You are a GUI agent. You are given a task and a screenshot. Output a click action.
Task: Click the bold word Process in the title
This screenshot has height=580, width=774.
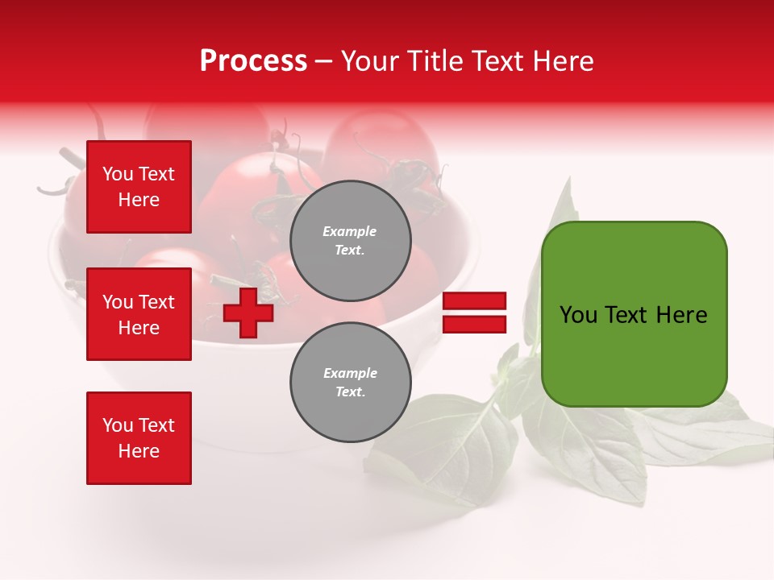(x=253, y=61)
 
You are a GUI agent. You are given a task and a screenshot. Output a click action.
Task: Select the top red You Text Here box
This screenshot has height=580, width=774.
(x=139, y=187)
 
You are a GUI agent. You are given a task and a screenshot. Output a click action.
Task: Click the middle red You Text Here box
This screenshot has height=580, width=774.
(x=139, y=314)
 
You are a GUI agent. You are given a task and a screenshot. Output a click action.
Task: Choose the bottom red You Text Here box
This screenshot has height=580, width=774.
(x=139, y=438)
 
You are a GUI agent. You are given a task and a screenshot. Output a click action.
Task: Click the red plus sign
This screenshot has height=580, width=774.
(x=248, y=313)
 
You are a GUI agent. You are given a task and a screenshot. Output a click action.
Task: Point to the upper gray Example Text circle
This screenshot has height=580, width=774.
(x=350, y=241)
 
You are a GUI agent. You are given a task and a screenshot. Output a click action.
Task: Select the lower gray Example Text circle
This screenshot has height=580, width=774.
(x=350, y=383)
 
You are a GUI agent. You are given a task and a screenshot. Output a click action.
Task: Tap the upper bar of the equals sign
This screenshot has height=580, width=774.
(x=474, y=301)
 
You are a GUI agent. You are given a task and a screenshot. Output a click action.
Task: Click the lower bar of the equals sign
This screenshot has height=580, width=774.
(x=474, y=325)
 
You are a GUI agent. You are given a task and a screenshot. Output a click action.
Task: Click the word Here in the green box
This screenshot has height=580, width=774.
(x=681, y=315)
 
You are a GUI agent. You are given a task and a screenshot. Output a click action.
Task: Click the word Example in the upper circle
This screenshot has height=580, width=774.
(x=350, y=231)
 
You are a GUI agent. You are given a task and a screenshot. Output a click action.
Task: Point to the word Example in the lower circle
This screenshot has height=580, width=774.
(x=350, y=373)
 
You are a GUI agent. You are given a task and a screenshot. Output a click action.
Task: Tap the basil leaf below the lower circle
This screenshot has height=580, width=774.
(x=451, y=451)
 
